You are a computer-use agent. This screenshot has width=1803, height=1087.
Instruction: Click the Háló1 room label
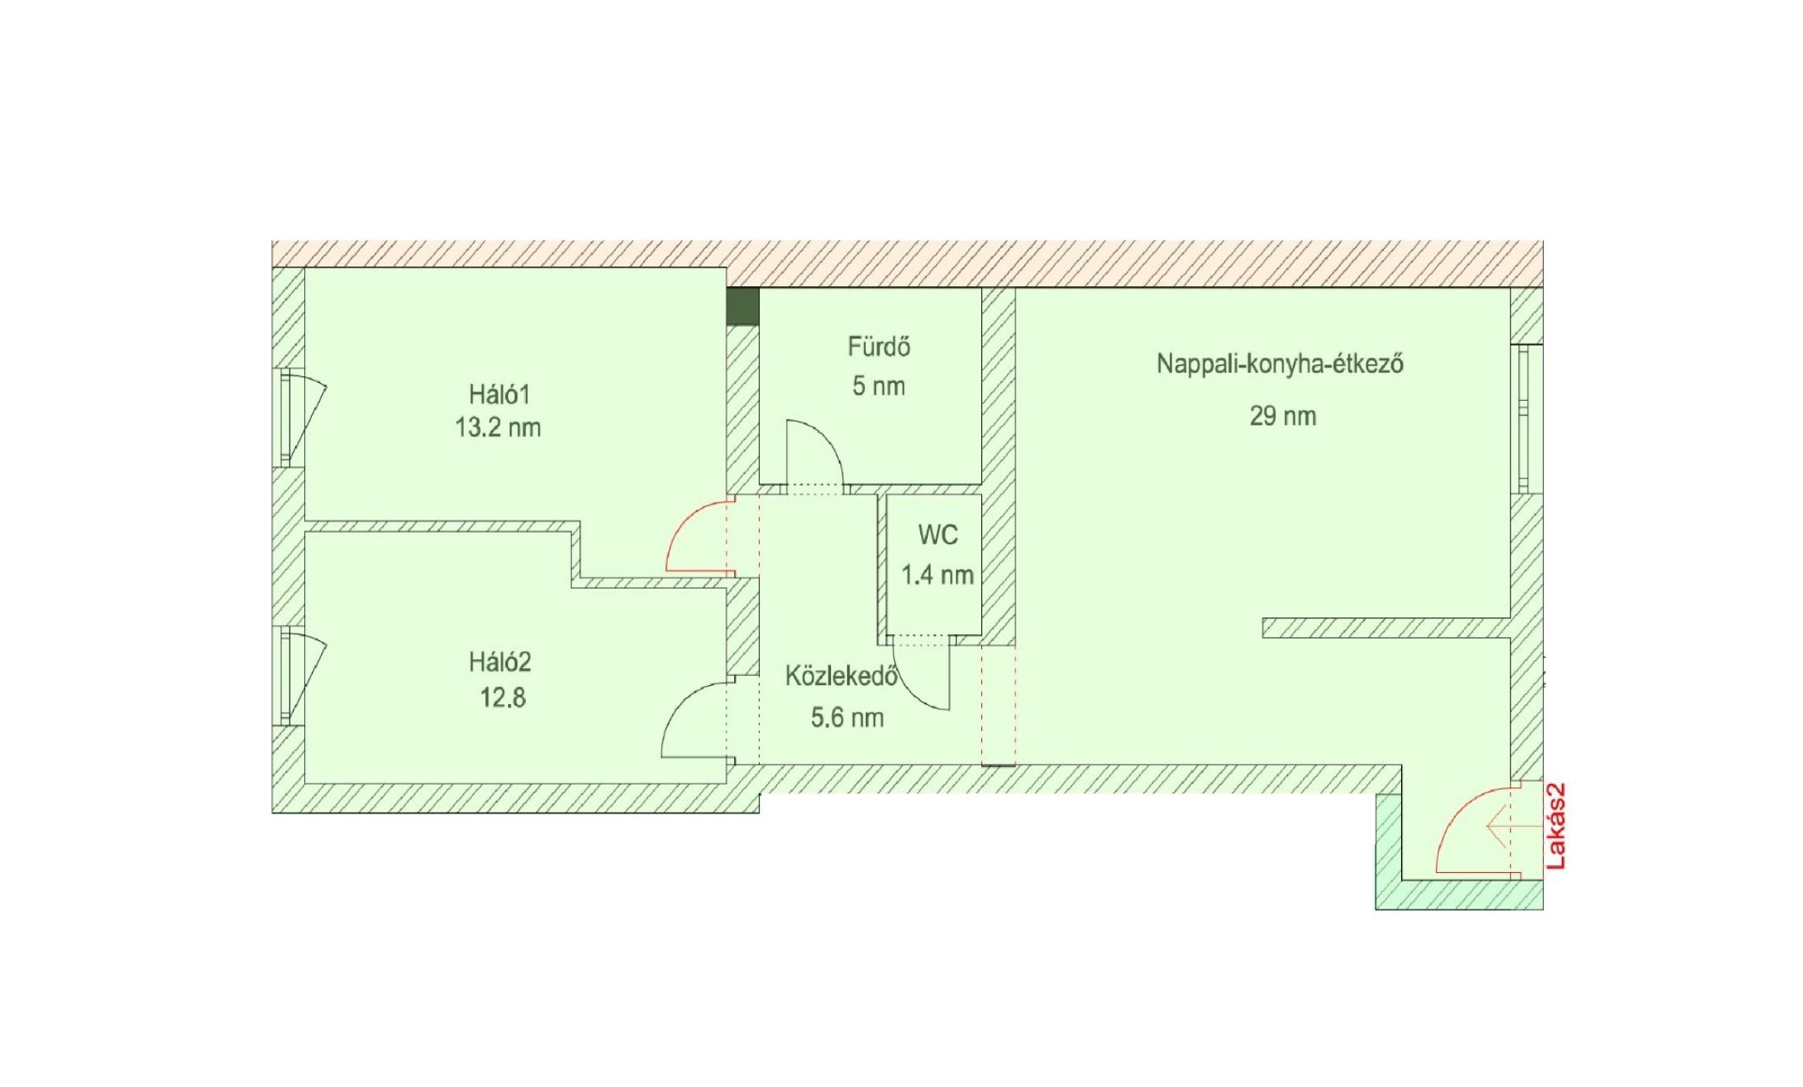coord(499,394)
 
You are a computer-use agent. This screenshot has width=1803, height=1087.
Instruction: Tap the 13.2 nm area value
coord(498,427)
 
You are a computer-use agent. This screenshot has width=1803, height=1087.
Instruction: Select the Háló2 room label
coord(500,662)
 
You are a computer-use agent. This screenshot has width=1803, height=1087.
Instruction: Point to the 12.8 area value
coord(502,698)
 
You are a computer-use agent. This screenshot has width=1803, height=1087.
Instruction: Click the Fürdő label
coord(879,346)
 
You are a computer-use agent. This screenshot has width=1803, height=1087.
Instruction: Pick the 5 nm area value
coord(879,386)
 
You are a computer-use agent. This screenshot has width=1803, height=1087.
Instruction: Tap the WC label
coord(937,535)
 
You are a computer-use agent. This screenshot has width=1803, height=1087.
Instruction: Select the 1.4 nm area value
coord(936,575)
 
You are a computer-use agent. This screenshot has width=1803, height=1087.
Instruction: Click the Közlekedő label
coord(841,677)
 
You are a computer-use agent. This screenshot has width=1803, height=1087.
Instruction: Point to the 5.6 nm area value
coord(846,718)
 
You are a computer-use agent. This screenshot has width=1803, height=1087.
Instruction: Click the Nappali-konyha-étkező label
coord(1279,364)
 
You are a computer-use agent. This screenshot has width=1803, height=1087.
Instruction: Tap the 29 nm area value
coord(1282,416)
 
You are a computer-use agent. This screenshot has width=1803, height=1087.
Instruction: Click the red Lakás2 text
coord(1556,825)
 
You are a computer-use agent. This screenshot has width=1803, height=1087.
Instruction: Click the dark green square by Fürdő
coord(743,306)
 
